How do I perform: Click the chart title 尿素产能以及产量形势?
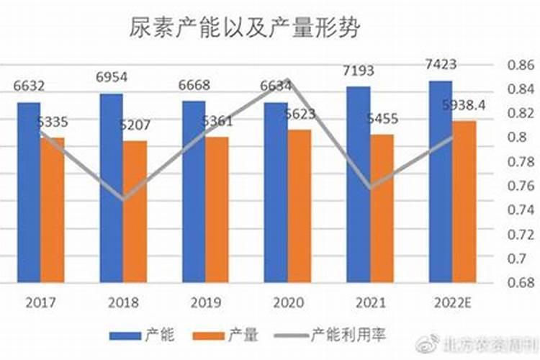[245, 28]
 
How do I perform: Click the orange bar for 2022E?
[464, 202]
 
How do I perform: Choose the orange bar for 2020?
[299, 206]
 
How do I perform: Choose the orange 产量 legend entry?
[229, 335]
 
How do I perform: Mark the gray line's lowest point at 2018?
[124, 199]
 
